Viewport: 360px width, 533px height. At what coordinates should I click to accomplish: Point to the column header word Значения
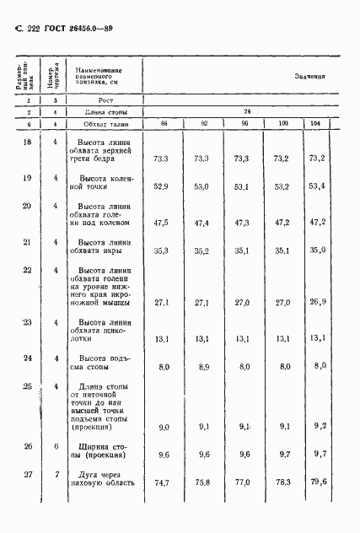click(310, 76)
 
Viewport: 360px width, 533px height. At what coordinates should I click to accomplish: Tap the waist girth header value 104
click(316, 124)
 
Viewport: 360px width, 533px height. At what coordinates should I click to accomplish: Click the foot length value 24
click(247, 111)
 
